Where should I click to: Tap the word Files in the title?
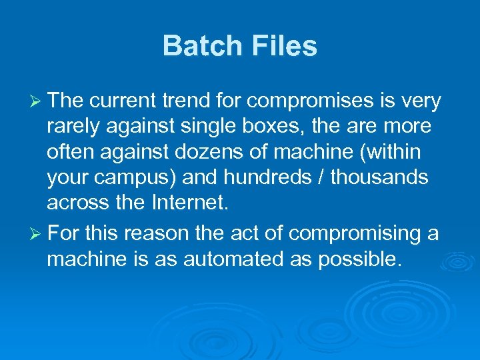(285, 47)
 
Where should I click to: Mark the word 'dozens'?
(218, 153)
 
